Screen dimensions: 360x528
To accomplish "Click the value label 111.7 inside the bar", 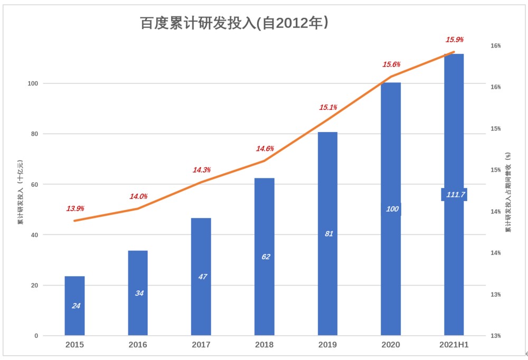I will [455, 195].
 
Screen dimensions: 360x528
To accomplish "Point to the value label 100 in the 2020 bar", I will [392, 209].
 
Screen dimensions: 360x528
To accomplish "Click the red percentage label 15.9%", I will [455, 40].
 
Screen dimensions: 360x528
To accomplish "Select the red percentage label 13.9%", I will [75, 209].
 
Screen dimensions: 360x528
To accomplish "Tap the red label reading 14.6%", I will [265, 149].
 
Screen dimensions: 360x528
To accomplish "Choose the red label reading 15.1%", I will [328, 108].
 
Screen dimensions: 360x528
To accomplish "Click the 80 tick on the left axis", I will [33, 134].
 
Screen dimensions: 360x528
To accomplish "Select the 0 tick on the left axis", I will [36, 336].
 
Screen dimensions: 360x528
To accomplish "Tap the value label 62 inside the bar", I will [266, 257].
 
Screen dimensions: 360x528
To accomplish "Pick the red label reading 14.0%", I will [138, 196].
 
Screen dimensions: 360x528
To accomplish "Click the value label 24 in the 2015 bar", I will [76, 306].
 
